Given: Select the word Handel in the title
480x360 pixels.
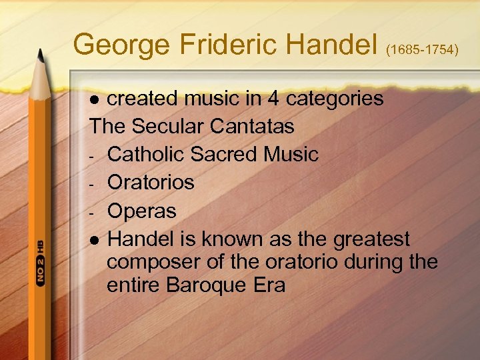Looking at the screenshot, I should [328, 45].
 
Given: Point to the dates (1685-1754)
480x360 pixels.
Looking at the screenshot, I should [423, 51].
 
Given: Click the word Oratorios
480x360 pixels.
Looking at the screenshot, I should [151, 182].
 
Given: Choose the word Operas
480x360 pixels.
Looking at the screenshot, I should [141, 211].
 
